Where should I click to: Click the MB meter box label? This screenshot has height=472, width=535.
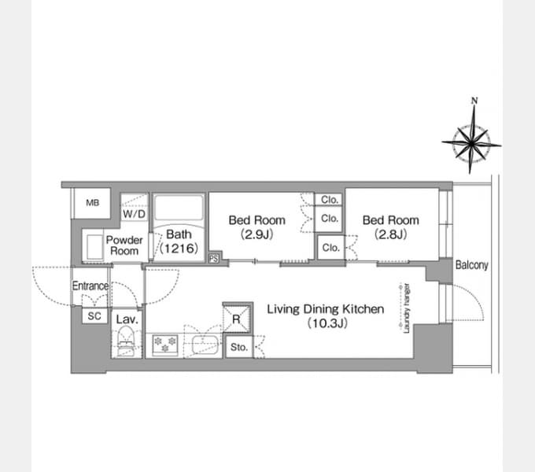pos(93,203)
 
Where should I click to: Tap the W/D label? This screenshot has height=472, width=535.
pos(134,214)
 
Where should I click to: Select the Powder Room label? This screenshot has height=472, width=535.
pos(124,245)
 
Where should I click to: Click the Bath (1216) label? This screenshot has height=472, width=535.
pos(179,242)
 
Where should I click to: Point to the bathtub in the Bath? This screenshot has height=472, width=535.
pos(179,208)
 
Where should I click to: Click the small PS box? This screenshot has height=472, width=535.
pos(213,258)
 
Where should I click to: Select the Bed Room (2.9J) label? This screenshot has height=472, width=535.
pos(257,227)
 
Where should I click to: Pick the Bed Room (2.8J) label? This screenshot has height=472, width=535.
pos(391,227)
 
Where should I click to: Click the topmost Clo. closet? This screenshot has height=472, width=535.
pos(329,200)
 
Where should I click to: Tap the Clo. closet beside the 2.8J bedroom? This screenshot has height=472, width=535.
pos(330,247)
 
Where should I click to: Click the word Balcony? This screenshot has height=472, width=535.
pos(471,265)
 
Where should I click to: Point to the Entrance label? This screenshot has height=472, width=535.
pos(90,286)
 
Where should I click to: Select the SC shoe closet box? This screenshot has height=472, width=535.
pos(94,315)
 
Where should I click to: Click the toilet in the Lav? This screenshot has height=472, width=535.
pos(126,341)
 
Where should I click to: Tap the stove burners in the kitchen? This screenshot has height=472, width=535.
pos(165,344)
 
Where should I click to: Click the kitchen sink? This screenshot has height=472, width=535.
pos(205,345)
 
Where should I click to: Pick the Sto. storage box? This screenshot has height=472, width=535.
pos(239,347)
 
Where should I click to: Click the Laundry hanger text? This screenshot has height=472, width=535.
pos(407,308)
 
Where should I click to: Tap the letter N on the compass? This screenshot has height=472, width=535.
pos(474,101)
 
